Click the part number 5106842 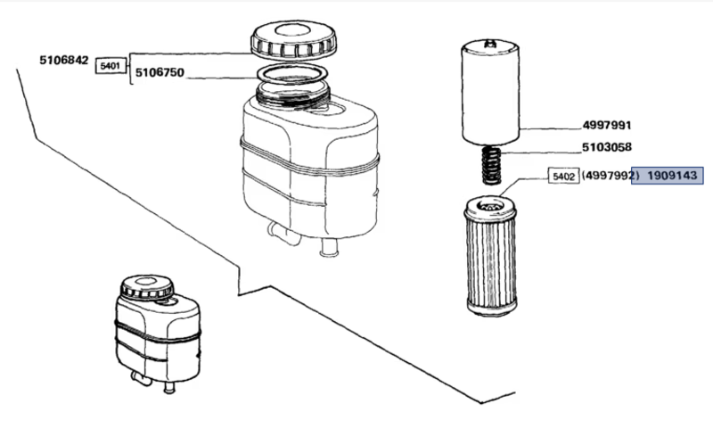(x=63, y=60)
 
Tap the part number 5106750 (x=160, y=73)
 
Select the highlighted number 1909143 (x=671, y=177)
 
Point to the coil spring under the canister (x=491, y=163)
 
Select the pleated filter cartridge (x=491, y=259)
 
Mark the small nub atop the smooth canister (x=490, y=41)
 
